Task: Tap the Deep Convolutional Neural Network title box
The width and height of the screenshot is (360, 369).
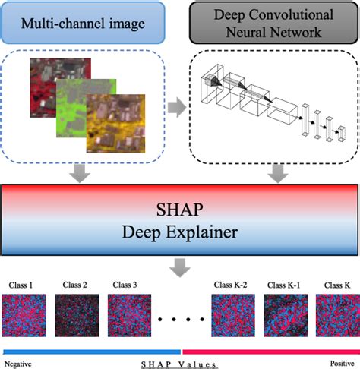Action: pyautogui.click(x=273, y=25)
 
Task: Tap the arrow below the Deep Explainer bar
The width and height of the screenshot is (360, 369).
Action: pyautogui.click(x=180, y=266)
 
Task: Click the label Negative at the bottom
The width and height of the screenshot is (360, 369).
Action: pyautogui.click(x=19, y=364)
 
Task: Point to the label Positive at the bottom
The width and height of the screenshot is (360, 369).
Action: pyautogui.click(x=341, y=364)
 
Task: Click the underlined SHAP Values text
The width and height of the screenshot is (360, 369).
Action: pyautogui.click(x=179, y=364)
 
